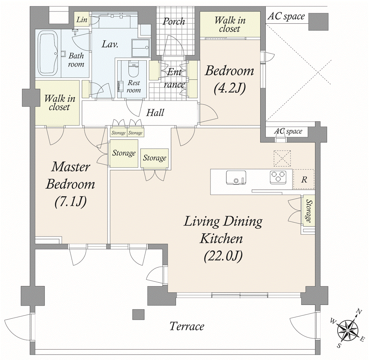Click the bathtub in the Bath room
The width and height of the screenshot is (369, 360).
[48, 54]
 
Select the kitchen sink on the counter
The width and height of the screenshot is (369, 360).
[236, 178]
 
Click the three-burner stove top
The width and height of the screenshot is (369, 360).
[278, 177]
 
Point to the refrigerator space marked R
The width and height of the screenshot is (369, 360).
[304, 179]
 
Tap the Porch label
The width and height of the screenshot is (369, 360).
[174, 22]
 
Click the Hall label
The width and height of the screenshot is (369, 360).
[155, 112]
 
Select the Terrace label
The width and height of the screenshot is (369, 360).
[187, 326]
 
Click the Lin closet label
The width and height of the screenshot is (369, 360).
[82, 19]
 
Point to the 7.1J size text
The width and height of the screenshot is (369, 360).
[71, 201]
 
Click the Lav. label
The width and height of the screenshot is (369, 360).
[110, 44]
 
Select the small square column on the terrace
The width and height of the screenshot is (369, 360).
[138, 315]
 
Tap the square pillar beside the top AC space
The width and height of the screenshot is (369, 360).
[318, 22]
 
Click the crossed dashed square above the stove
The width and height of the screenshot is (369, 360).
[282, 159]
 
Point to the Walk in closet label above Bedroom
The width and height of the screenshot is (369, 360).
[230, 24]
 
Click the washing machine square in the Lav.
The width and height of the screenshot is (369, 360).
[140, 48]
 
